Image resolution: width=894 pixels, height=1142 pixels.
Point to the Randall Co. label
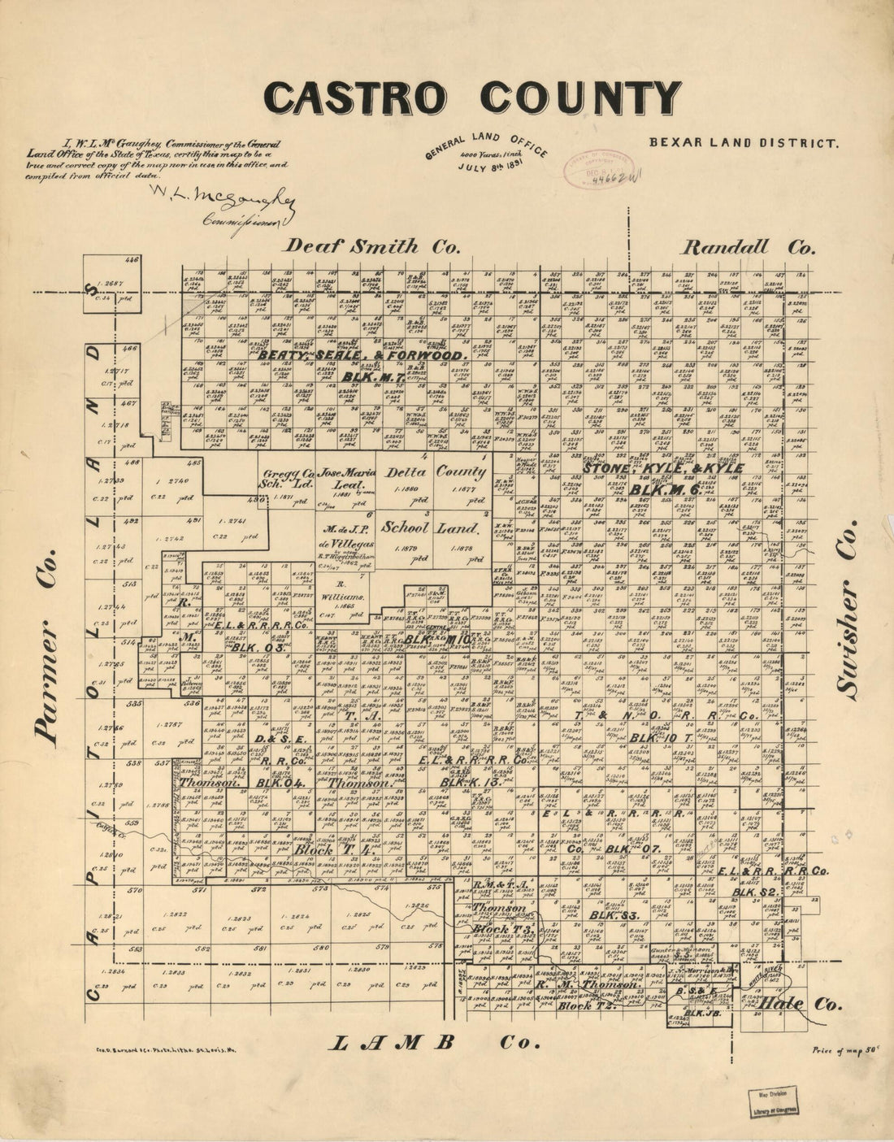pyautogui.click(x=748, y=247)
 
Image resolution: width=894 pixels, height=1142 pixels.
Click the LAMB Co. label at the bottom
pyautogui.click(x=435, y=1043)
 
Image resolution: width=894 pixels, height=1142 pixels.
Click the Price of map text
pyautogui.click(x=845, y=1050)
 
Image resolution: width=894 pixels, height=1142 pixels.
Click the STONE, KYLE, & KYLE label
pyautogui.click(x=664, y=470)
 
